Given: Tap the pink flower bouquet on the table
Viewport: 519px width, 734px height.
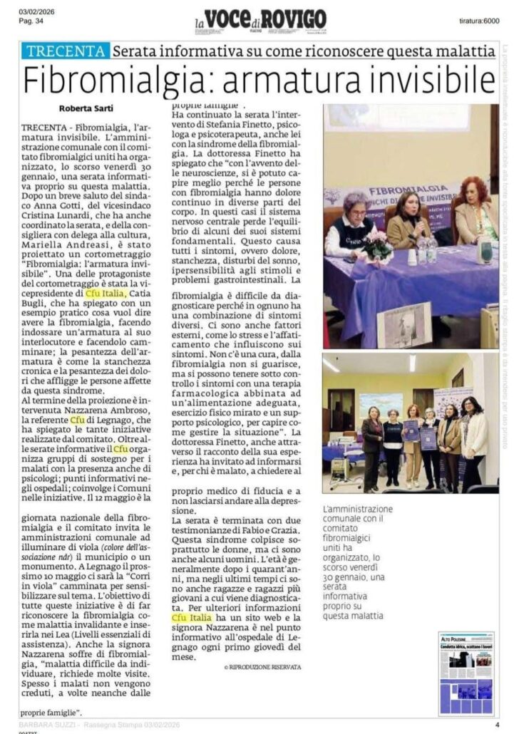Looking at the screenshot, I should (377, 245).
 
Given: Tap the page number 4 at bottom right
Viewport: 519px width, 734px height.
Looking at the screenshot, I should (497, 725).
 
